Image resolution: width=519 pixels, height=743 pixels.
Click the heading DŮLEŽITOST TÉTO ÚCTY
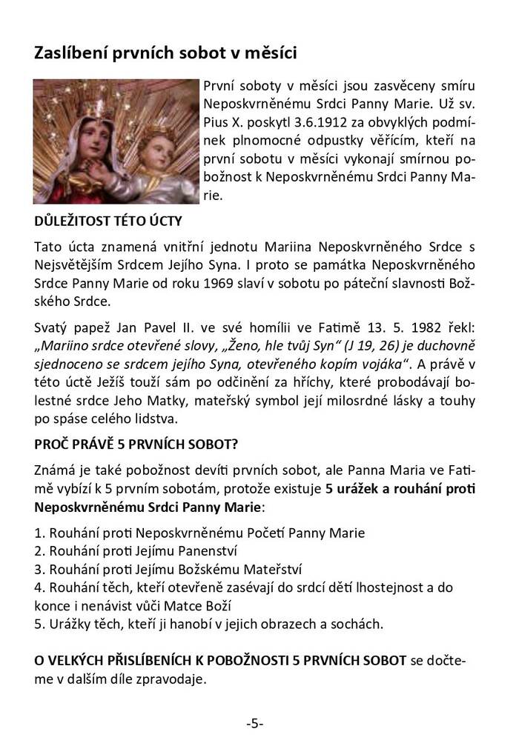click(107, 221)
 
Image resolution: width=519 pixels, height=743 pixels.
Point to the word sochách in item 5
click(358, 624)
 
